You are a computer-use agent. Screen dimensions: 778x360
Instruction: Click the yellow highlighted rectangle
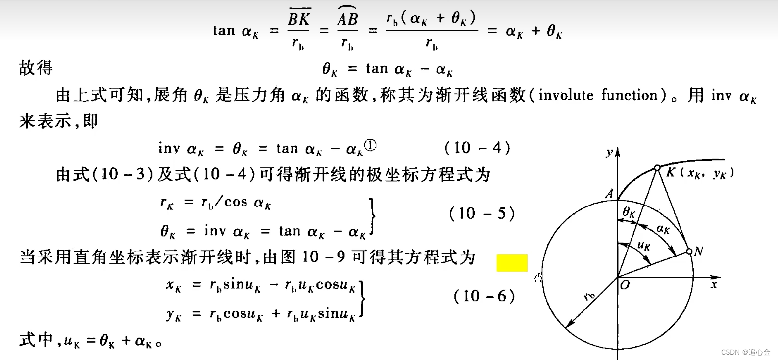coord(512,263)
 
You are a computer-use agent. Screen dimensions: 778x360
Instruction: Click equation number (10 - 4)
coord(477,148)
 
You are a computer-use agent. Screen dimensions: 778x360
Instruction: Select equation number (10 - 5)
coord(482,213)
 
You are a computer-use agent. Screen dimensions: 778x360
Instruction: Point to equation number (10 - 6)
coord(484,296)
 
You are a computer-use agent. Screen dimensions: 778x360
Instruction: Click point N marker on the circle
coord(689,252)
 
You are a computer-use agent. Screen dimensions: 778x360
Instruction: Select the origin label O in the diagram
coord(625,285)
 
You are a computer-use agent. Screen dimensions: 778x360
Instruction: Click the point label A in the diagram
coord(610,193)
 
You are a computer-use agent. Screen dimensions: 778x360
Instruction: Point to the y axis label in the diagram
coord(610,153)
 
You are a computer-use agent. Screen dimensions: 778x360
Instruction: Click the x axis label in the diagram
coord(714,285)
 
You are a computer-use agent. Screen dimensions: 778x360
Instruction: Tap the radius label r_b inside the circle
coord(589,297)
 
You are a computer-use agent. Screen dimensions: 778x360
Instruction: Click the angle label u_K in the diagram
coord(643,245)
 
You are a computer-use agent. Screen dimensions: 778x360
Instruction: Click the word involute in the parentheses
coord(566,95)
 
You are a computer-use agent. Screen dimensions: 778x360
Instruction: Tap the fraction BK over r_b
coord(298,31)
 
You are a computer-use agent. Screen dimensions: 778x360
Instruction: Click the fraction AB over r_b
coord(347,31)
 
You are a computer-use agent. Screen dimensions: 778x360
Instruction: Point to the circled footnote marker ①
coord(370,145)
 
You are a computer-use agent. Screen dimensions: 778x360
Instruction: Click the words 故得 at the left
coord(36,68)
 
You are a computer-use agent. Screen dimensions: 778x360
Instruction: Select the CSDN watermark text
coord(745,352)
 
